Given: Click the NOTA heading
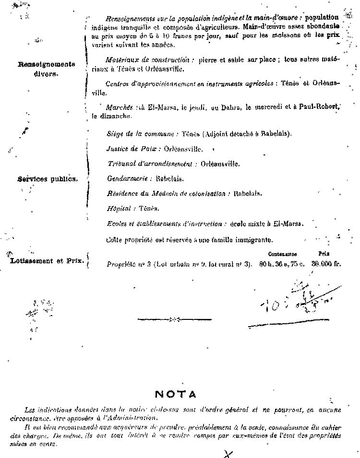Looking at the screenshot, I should click(x=176, y=394).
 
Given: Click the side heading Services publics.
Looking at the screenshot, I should click(x=48, y=179).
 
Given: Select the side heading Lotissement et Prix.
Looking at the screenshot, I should click(x=48, y=261).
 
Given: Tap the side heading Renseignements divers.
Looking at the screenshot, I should click(x=47, y=69).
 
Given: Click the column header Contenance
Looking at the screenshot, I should click(x=282, y=254).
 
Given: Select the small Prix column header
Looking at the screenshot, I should click(x=323, y=253).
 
